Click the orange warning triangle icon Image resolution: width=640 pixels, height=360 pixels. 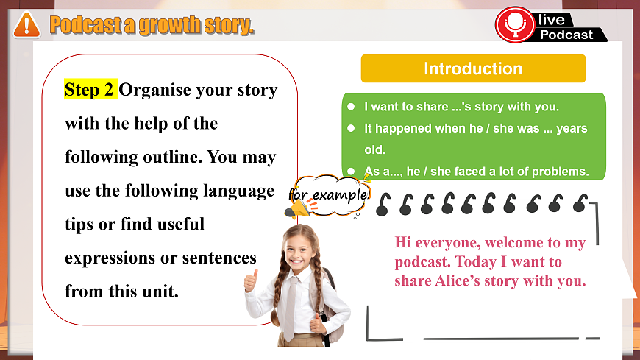[26, 24]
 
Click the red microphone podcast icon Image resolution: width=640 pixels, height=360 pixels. [515, 24]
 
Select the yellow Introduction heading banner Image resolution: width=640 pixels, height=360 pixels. [473, 68]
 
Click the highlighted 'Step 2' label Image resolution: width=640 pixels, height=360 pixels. [90, 90]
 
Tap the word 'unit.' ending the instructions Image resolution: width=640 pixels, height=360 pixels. [159, 291]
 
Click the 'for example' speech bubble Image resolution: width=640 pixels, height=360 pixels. [328, 195]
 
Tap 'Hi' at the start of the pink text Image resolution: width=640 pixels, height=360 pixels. [404, 242]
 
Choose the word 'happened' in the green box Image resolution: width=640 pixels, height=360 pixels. [401, 128]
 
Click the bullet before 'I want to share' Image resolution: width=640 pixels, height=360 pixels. [352, 107]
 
